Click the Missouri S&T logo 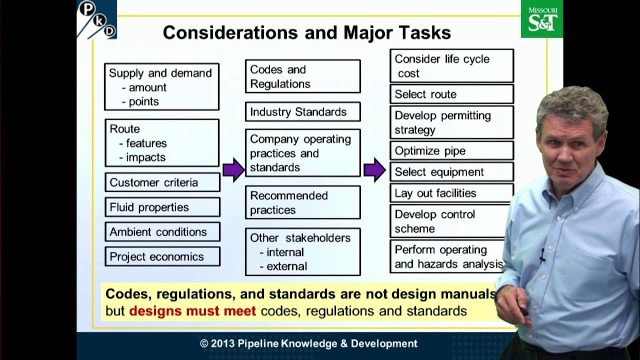point(541,19)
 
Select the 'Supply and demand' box point(161,86)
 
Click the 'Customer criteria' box point(162,182)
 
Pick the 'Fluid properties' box point(162,207)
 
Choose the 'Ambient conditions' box point(162,232)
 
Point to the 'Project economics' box point(162,256)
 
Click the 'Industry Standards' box point(302,112)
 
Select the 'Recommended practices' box point(302,202)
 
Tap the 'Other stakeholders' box point(302,252)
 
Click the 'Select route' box point(451,94)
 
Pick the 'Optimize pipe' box point(451,150)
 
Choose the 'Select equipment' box point(451,172)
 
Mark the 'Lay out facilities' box point(451,193)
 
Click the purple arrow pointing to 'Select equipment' point(374,169)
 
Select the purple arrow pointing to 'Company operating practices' point(233,169)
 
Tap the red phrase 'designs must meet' point(192,311)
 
